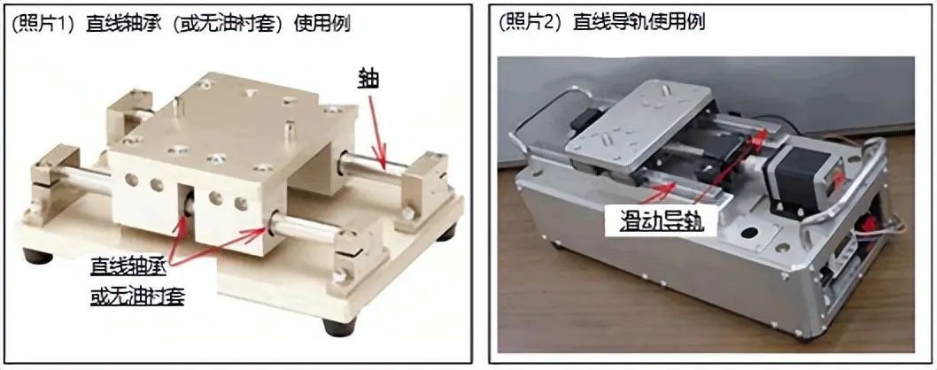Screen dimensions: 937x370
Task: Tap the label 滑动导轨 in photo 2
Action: click(x=653, y=222)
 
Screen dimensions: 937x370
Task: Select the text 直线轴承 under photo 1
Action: click(x=128, y=267)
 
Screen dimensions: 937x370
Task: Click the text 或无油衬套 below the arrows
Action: click(x=137, y=296)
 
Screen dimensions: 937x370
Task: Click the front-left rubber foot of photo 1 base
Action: click(x=37, y=257)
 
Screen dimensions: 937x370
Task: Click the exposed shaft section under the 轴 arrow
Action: click(x=374, y=167)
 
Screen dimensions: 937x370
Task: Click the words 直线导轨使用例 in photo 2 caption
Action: click(x=639, y=23)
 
